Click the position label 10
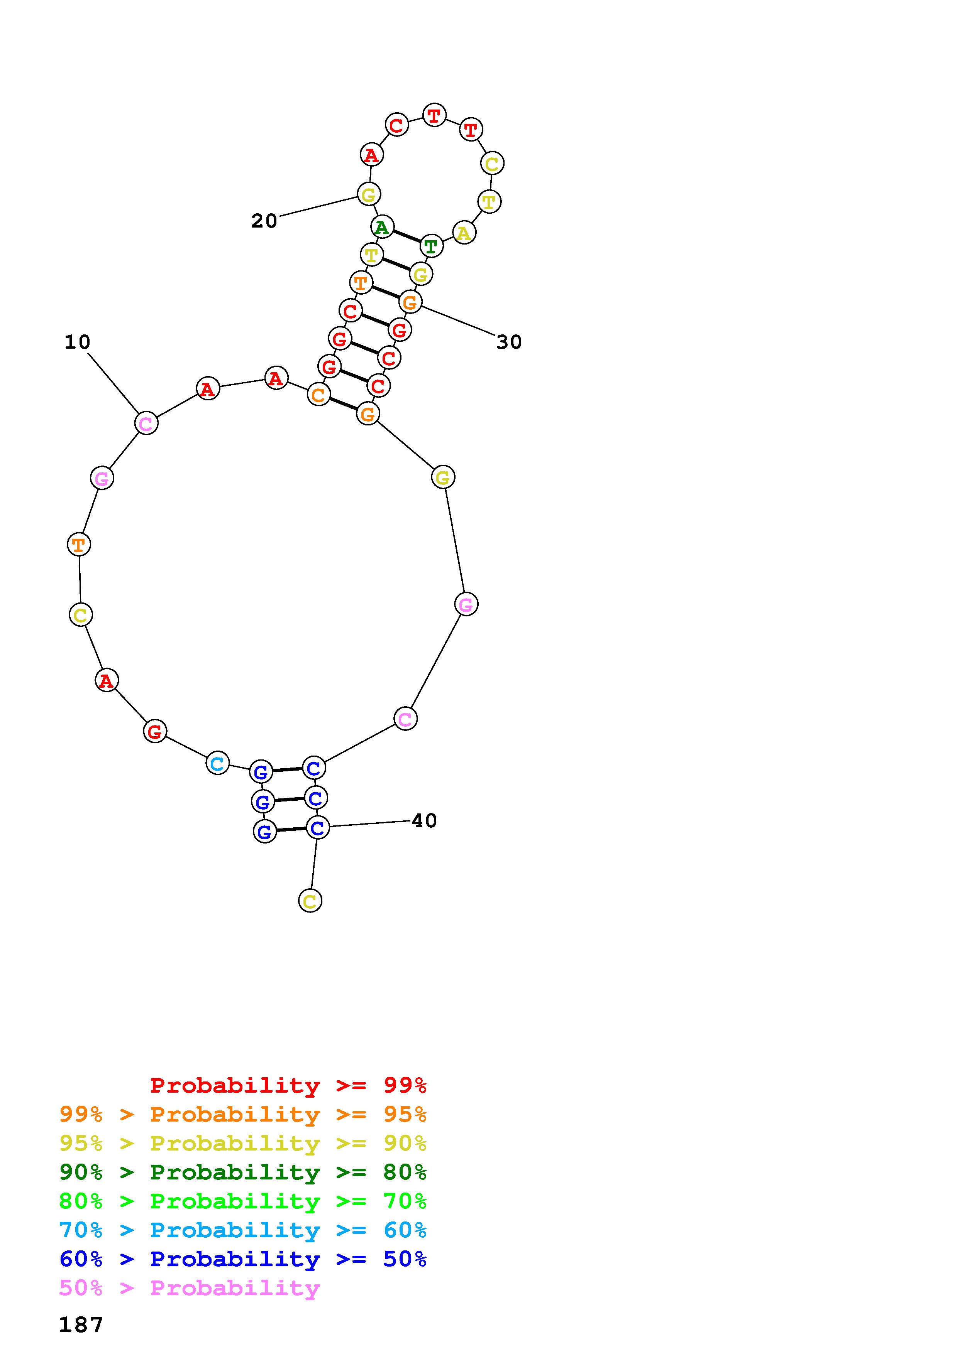point(77,342)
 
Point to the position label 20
point(264,221)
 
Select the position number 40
point(424,820)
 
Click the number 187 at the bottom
point(81,1325)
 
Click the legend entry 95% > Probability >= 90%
point(243,1143)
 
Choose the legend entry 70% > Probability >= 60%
point(243,1230)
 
